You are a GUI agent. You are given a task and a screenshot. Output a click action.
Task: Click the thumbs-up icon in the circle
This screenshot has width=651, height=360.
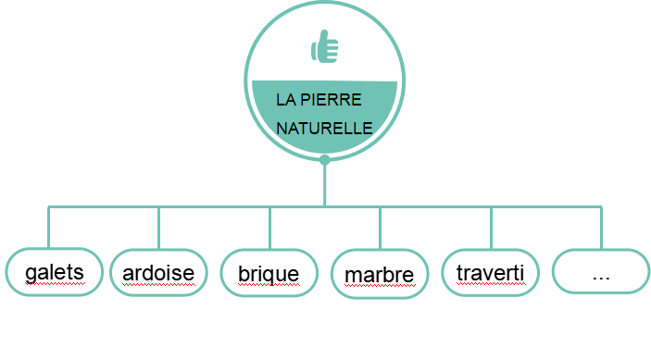tap(325, 46)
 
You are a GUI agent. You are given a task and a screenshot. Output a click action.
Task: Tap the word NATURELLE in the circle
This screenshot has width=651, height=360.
tap(324, 128)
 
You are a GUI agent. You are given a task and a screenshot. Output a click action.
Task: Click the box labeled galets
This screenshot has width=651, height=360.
tap(54, 272)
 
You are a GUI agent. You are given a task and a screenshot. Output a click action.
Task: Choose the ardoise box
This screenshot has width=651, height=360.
tap(158, 273)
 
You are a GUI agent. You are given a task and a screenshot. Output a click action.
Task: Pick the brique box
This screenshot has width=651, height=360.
tap(269, 273)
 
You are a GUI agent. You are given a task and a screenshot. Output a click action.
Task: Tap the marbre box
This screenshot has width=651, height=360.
tap(380, 274)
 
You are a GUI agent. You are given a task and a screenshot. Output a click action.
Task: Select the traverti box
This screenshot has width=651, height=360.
tap(490, 273)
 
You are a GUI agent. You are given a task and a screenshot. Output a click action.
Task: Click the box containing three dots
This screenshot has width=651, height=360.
tap(601, 271)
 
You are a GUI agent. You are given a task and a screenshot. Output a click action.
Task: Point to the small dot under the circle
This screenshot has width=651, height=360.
tap(325, 160)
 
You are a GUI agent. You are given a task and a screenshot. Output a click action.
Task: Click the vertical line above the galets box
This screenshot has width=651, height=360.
tap(48, 228)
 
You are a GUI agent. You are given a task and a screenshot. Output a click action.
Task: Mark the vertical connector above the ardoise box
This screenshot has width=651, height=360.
tap(158, 228)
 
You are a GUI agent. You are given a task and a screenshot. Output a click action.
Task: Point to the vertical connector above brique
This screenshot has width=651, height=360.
tap(269, 228)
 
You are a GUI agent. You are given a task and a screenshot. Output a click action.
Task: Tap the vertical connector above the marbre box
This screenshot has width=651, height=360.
tap(380, 228)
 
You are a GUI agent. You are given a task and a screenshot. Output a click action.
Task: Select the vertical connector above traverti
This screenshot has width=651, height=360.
tap(491, 228)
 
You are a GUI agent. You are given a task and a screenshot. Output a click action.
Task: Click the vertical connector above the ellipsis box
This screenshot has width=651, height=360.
tap(601, 228)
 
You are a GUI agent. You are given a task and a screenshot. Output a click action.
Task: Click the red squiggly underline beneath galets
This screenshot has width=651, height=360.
tap(55, 284)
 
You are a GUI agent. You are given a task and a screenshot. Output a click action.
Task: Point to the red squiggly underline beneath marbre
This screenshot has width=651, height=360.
tap(380, 285)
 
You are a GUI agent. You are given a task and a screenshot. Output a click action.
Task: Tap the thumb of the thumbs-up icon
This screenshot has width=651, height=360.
tap(325, 36)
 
